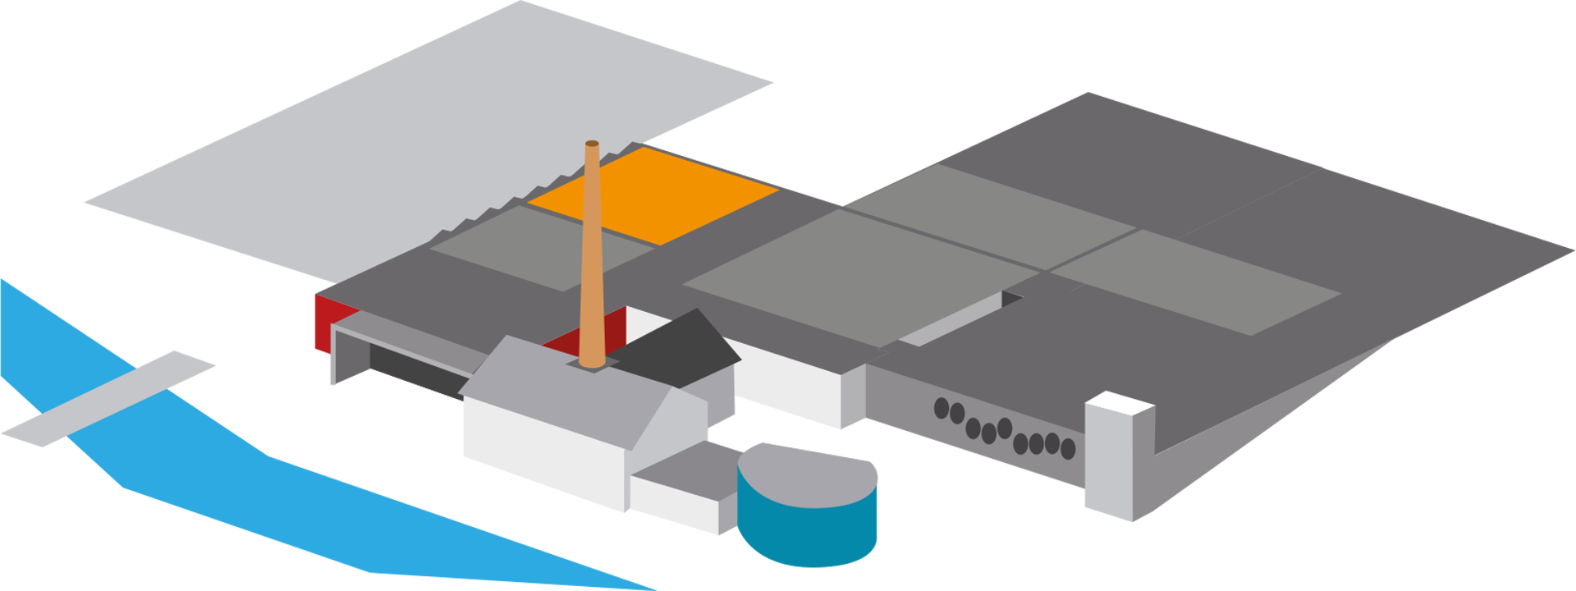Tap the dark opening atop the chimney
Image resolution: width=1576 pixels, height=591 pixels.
tap(592, 144)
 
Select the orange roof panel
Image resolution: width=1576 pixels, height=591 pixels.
tap(657, 194)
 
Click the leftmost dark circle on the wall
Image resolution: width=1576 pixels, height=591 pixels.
tap(941, 407)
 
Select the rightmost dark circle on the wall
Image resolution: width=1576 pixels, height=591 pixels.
tap(1068, 448)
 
